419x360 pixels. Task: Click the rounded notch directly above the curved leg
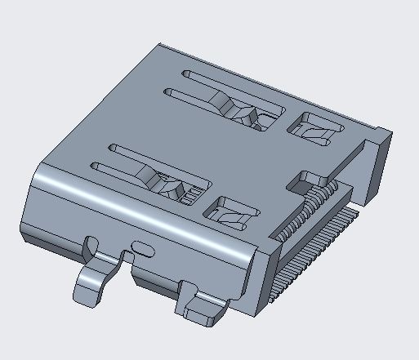tap(91, 243)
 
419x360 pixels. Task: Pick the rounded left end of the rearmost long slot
tap(186, 75)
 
